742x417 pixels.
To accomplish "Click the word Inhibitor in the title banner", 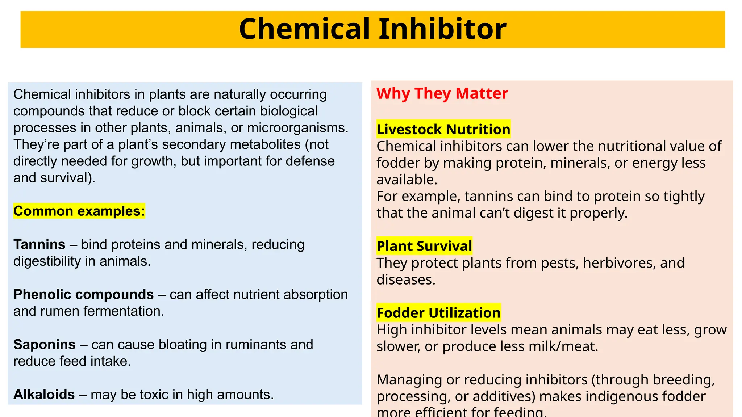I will (442, 29).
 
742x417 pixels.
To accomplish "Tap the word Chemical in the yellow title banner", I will (305, 29).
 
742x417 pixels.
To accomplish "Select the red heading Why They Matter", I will (442, 93).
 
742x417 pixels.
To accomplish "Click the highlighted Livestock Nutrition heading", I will (443, 129).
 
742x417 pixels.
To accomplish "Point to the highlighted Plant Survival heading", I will (424, 246).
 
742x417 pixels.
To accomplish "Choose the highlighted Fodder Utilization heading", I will (438, 313).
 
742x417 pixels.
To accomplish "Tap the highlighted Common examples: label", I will (79, 211).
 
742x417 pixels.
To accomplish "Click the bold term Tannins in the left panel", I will (39, 244).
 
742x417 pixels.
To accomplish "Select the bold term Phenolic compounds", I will (83, 294).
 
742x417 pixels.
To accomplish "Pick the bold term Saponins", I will (44, 344).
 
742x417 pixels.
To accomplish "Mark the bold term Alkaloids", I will (44, 394).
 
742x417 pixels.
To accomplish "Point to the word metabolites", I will (265, 144).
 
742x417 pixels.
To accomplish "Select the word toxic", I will (152, 394).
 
